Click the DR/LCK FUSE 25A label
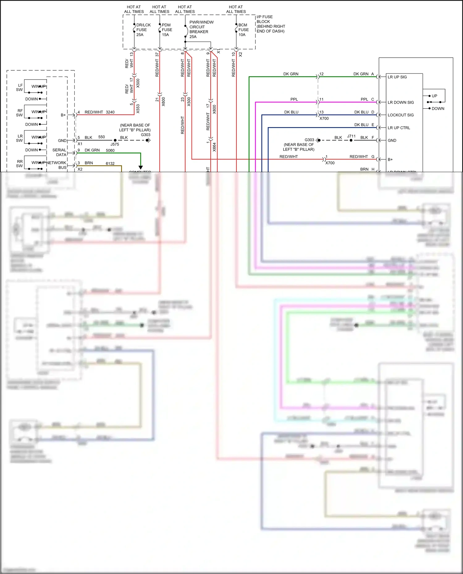(143, 30)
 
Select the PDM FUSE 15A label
(167, 30)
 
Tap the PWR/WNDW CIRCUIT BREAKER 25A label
(201, 29)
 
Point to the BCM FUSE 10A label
(243, 30)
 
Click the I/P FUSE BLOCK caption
(271, 24)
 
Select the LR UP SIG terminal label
(397, 77)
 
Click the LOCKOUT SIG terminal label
(401, 115)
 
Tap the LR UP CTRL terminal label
(399, 128)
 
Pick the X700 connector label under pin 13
(324, 118)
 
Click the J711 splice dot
(351, 140)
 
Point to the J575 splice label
(115, 144)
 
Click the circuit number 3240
(110, 112)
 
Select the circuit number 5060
(110, 151)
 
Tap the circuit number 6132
(110, 163)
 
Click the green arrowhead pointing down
(141, 167)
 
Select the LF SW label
(19, 88)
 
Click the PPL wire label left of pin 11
(294, 99)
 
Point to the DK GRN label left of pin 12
(291, 74)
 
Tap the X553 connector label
(138, 109)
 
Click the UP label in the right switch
(434, 96)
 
